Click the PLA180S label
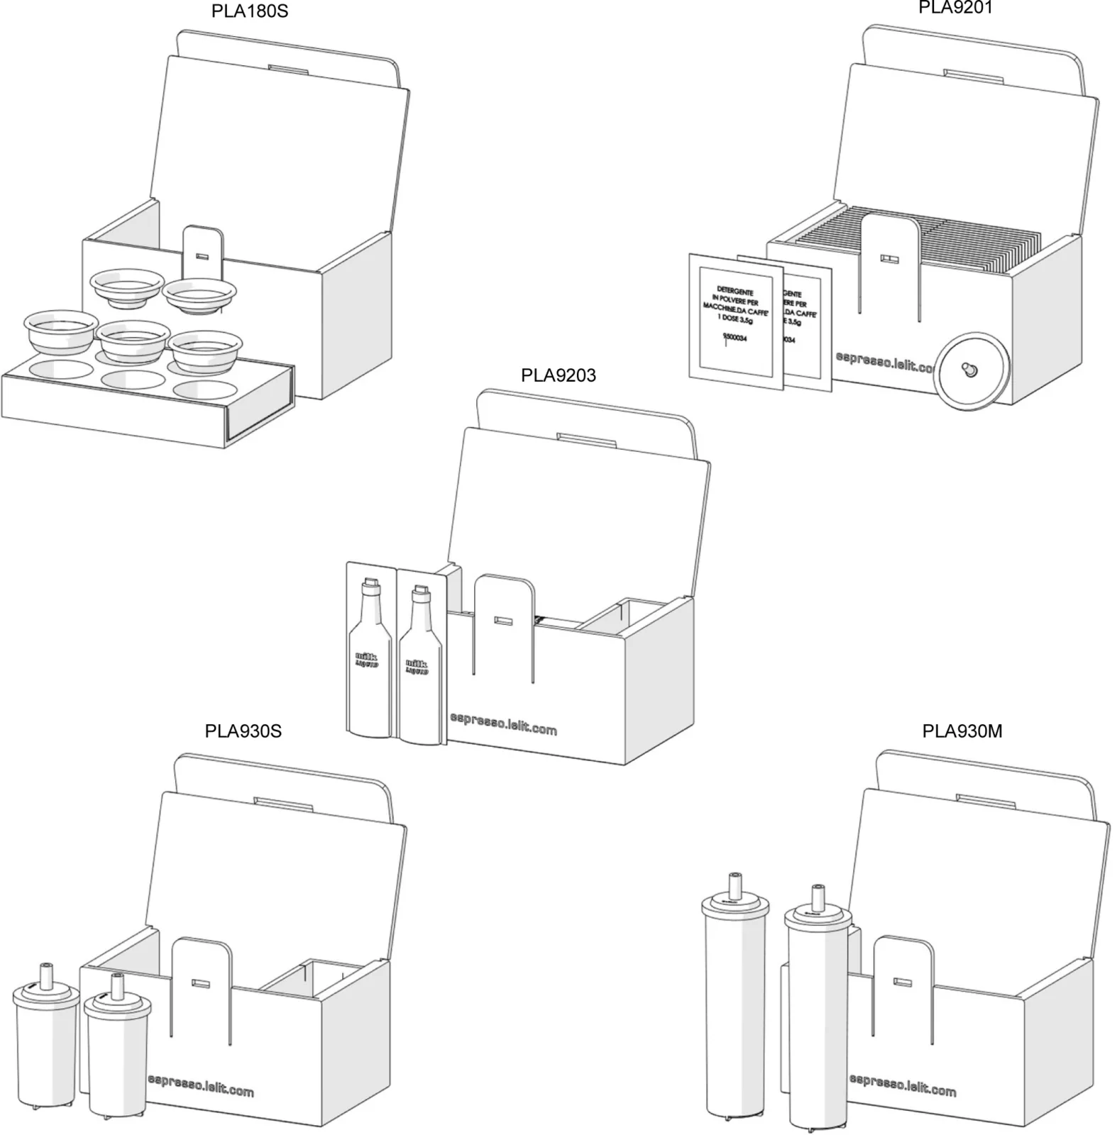coord(249,12)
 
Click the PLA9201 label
coord(955,8)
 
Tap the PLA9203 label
coord(558,375)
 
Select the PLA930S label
coord(243,731)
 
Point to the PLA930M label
coord(962,731)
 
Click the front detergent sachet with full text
coord(735,319)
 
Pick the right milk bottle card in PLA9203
coord(420,656)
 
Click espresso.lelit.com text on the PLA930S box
coord(201,1086)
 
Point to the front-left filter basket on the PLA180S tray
coord(60,331)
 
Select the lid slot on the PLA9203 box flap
coord(586,440)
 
